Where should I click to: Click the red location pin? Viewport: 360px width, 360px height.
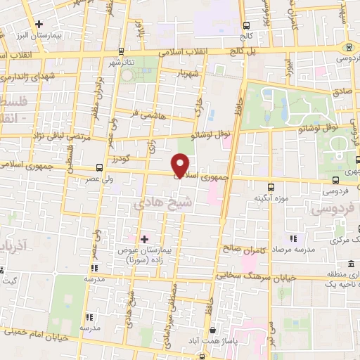(181, 165)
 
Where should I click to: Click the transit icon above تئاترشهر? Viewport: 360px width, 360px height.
(122, 51)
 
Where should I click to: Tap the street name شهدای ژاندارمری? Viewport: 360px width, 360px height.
(32, 78)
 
